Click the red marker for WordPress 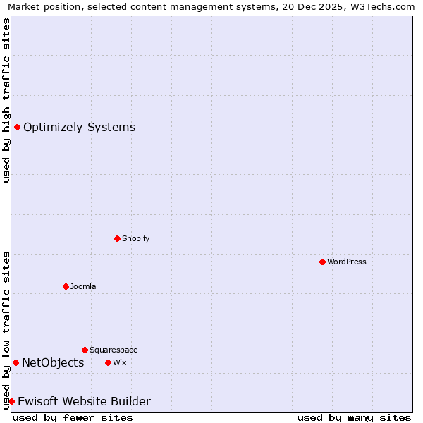tap(322, 262)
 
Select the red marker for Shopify tap(117, 238)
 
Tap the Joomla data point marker tap(66, 286)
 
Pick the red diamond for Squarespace tap(85, 350)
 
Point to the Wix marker tap(108, 362)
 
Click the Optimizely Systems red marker tap(17, 127)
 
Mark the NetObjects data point tap(16, 362)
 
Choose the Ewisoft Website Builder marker tap(11, 401)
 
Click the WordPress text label tap(347, 262)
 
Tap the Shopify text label tap(136, 238)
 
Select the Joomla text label tap(83, 286)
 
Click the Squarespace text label tap(114, 350)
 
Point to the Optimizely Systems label tap(80, 127)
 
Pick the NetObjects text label tap(53, 362)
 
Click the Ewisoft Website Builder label tap(84, 401)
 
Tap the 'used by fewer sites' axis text tap(73, 417)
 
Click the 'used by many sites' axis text tap(354, 417)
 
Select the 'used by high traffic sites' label tap(6, 100)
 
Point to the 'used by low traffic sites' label tap(6, 329)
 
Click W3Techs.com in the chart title tap(381, 6)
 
